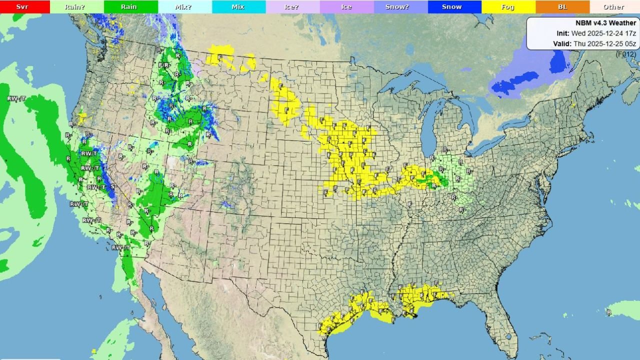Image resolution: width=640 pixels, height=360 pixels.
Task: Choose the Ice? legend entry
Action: (x=292, y=7)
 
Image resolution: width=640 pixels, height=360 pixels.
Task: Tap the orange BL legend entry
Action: (x=562, y=7)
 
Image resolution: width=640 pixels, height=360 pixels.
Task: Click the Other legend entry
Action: (x=613, y=7)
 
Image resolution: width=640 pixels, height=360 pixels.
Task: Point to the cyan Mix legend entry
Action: (x=238, y=7)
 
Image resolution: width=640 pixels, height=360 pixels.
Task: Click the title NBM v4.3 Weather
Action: (x=604, y=23)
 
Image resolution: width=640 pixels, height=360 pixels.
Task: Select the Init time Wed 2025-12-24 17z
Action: (x=596, y=33)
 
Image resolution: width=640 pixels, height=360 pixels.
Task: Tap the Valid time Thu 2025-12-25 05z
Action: (x=594, y=43)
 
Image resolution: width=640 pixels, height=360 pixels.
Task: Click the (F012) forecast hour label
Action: (x=625, y=54)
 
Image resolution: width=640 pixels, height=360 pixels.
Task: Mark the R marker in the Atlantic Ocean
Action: (x=609, y=312)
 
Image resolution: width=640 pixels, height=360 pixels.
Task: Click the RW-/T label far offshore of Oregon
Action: (x=16, y=98)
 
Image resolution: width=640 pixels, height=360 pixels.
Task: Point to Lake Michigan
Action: (x=428, y=130)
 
